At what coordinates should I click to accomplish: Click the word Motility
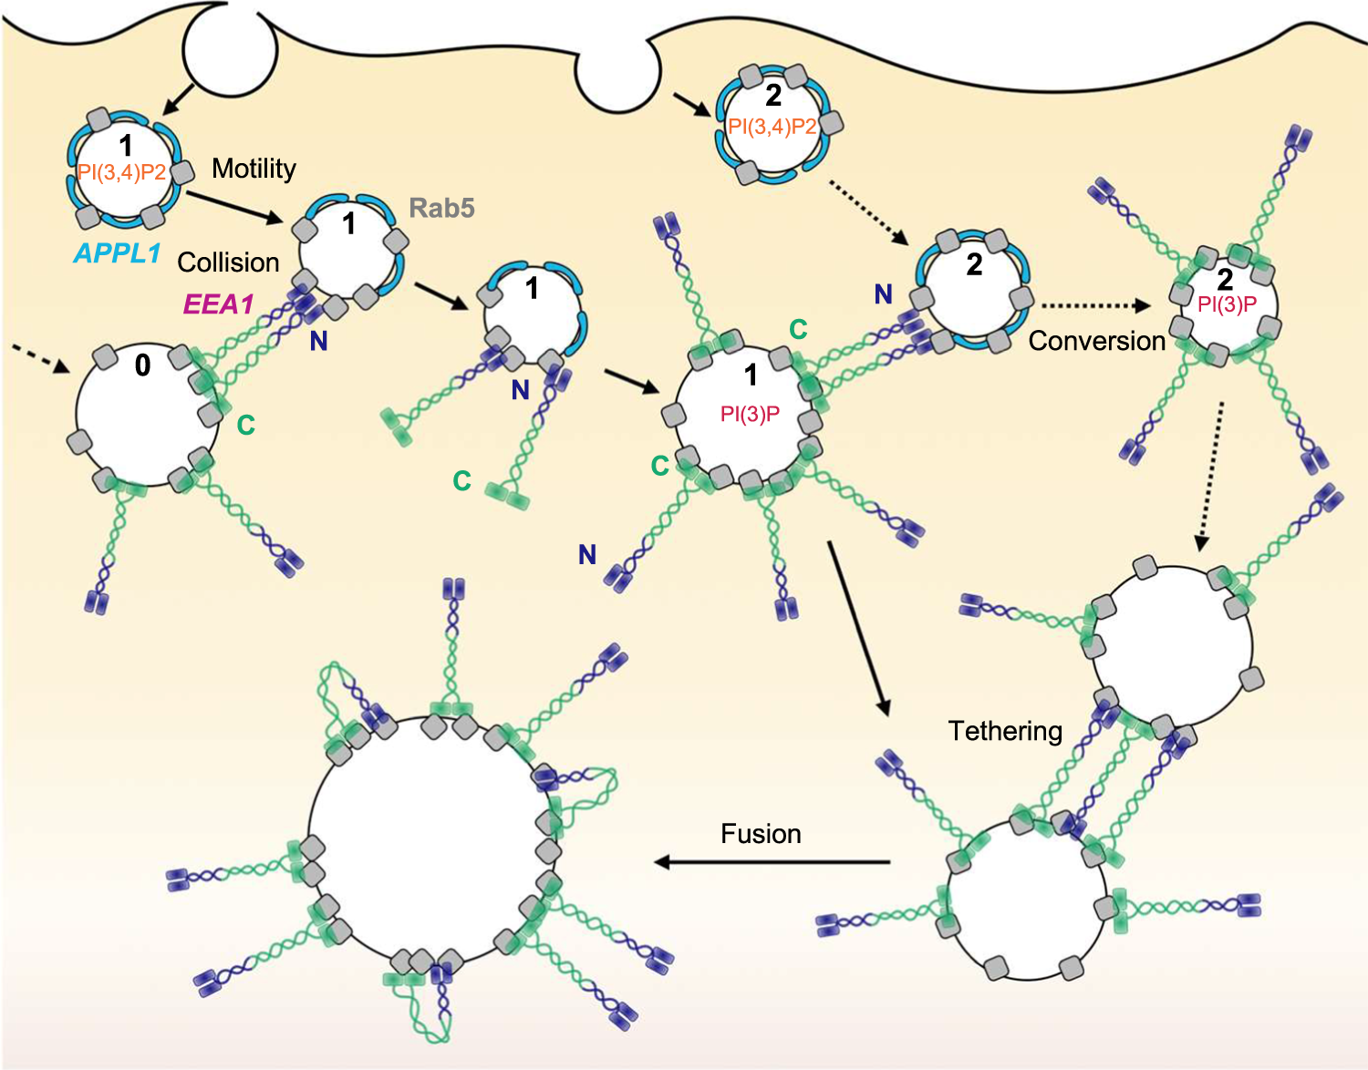[254, 169]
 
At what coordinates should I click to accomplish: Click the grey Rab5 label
[441, 208]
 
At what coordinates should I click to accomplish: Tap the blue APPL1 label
[117, 253]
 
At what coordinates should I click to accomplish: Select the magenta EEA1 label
[218, 304]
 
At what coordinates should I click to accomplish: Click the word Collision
[228, 262]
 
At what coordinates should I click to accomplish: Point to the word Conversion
[1096, 341]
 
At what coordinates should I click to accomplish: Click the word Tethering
[1005, 731]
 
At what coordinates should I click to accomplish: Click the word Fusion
[761, 834]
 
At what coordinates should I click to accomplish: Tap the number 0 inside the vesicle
[142, 365]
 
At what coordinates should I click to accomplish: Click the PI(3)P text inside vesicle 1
[750, 415]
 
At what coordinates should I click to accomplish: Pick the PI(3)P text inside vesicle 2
[1228, 304]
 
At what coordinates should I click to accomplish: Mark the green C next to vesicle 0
[245, 425]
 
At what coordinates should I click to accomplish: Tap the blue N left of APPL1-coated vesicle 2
[883, 294]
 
